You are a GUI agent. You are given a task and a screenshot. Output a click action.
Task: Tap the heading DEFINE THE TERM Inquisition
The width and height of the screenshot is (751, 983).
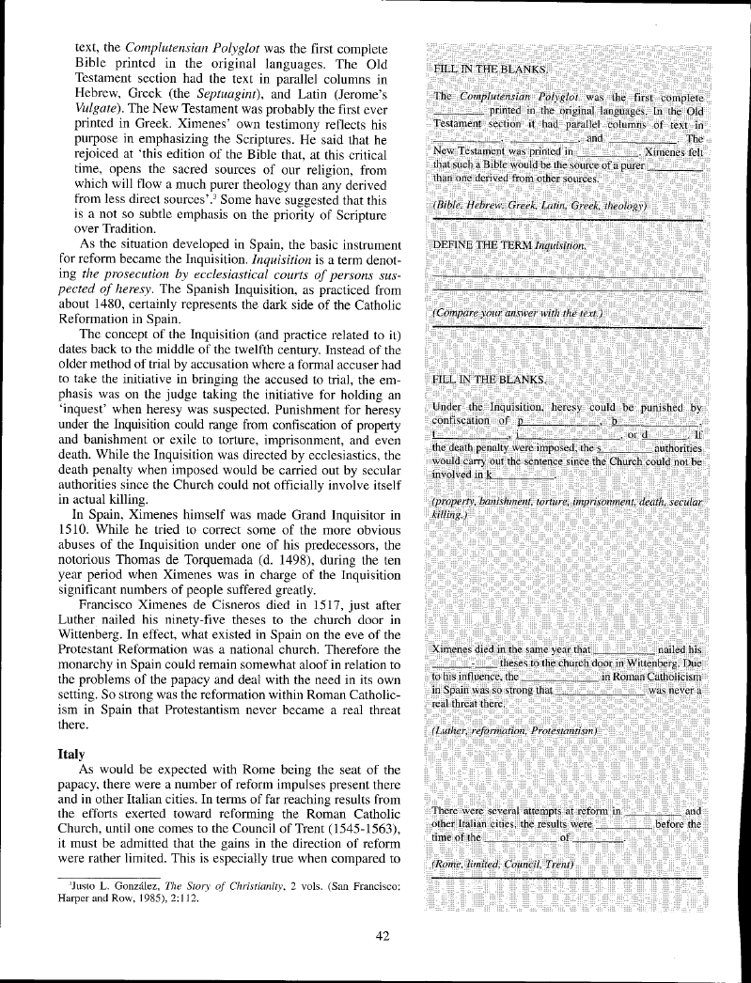[x=508, y=243]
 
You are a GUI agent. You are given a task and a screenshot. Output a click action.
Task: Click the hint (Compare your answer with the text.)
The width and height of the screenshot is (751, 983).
[x=517, y=311]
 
